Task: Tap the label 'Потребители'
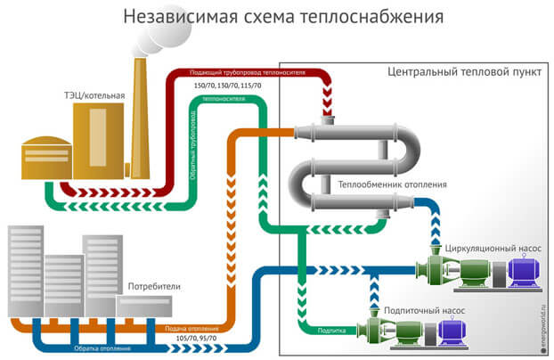click(154, 288)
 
